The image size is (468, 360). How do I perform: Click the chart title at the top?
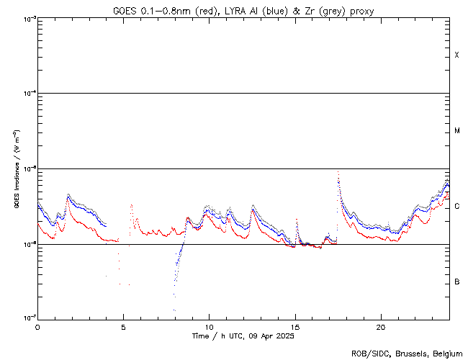click(x=243, y=10)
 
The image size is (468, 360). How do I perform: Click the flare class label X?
click(x=457, y=55)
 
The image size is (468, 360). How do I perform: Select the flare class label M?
click(x=457, y=131)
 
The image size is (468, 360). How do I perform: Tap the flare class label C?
click(x=457, y=207)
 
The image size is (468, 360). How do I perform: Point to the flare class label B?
click(x=457, y=282)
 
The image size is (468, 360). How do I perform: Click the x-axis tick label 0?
click(x=37, y=327)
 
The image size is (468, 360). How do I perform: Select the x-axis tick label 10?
click(x=209, y=327)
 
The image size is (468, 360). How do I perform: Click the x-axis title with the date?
click(x=243, y=336)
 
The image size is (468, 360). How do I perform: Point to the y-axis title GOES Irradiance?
click(x=16, y=168)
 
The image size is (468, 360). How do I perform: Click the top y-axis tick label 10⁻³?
click(x=29, y=18)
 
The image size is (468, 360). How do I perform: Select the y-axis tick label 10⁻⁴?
click(x=29, y=94)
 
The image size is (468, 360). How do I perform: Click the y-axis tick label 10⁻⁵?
click(x=29, y=168)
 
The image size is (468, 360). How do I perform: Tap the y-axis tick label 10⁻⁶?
click(x=29, y=244)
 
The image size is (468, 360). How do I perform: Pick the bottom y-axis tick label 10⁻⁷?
click(x=29, y=318)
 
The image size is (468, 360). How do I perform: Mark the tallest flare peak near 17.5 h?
click(x=338, y=172)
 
